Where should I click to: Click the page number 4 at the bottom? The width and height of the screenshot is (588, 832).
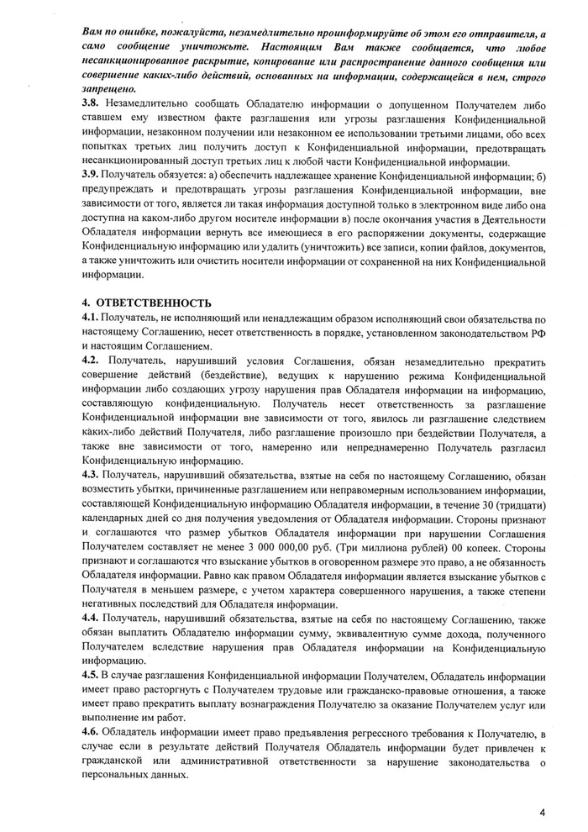pos(543,812)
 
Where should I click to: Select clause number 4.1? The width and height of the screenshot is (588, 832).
pos(90,319)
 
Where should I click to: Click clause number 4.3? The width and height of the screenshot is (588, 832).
pos(90,475)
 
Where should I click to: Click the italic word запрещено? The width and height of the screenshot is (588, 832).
pos(108,87)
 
